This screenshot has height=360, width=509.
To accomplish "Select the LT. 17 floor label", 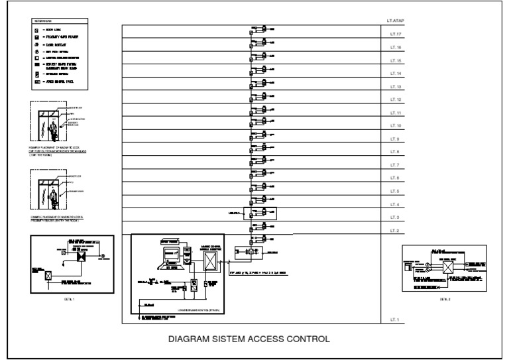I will click(x=397, y=34).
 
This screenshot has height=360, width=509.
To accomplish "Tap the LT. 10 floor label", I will click(x=397, y=126).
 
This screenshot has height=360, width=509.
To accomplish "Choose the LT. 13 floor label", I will click(x=397, y=87).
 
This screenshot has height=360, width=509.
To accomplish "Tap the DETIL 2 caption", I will click(x=445, y=300).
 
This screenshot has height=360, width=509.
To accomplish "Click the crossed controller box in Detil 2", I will click(x=448, y=267).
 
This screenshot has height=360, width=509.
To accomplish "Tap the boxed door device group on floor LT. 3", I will click(x=260, y=213).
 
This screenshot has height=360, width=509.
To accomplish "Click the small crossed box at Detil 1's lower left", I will click(x=48, y=274).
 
